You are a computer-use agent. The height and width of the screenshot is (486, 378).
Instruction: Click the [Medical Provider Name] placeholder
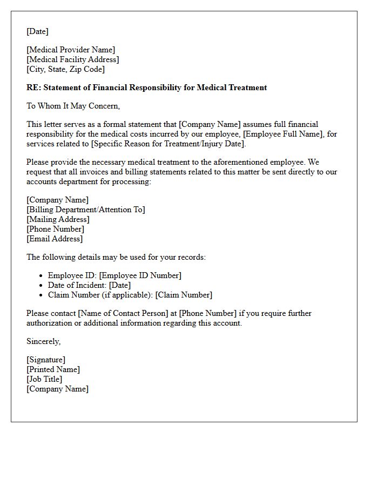click(x=71, y=50)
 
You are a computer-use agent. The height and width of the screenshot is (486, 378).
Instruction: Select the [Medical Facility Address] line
click(x=73, y=59)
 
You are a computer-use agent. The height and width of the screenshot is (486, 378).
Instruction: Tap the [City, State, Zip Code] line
click(x=65, y=69)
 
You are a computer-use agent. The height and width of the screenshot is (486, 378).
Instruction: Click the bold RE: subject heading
click(x=146, y=87)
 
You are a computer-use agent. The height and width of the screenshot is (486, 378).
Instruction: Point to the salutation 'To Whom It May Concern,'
click(x=73, y=106)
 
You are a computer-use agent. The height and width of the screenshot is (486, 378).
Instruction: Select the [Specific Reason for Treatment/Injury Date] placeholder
click(x=168, y=144)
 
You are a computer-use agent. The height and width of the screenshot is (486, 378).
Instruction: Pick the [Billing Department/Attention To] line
click(x=86, y=210)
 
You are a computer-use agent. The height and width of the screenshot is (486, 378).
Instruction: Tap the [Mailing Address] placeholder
click(x=58, y=219)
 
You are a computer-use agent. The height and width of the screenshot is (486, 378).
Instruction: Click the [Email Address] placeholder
click(x=55, y=239)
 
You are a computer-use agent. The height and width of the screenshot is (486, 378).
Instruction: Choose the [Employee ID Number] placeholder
click(x=140, y=275)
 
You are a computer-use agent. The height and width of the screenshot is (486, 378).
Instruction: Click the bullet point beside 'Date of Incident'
click(x=42, y=285)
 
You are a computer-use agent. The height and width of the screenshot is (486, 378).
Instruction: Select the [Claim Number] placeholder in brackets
click(x=184, y=295)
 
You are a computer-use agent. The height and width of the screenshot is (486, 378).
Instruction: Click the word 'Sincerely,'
click(x=44, y=341)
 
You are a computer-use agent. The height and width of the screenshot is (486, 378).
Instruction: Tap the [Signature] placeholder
click(x=46, y=360)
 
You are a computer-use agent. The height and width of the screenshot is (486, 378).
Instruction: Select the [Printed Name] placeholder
click(x=53, y=369)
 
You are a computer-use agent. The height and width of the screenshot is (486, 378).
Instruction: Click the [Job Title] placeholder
click(x=44, y=379)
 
